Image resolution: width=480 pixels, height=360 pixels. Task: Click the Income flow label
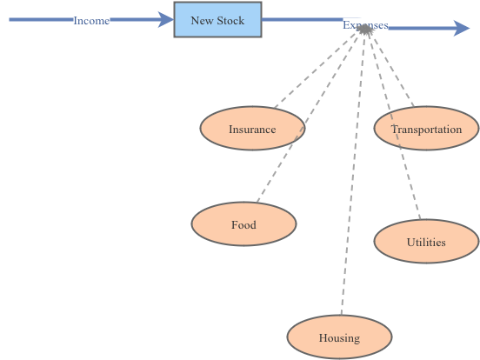click(91, 20)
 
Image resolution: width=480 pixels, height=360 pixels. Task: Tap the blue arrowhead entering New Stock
click(165, 20)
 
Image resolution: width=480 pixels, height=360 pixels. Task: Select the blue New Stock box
click(217, 19)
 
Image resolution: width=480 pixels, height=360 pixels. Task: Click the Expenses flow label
click(365, 25)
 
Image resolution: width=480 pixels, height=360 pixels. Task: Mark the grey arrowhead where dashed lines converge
click(366, 30)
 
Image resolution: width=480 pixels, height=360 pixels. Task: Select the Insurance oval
click(252, 130)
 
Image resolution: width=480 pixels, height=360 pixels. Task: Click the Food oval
click(243, 225)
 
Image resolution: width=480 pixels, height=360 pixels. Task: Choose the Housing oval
click(339, 338)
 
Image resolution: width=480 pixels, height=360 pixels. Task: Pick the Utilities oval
click(426, 243)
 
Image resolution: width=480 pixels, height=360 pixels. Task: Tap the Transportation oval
click(426, 130)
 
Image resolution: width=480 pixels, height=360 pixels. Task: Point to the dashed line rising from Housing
click(352, 174)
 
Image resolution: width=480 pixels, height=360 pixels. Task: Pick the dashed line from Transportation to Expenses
click(390, 69)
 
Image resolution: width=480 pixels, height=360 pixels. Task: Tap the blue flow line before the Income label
click(39, 19)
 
